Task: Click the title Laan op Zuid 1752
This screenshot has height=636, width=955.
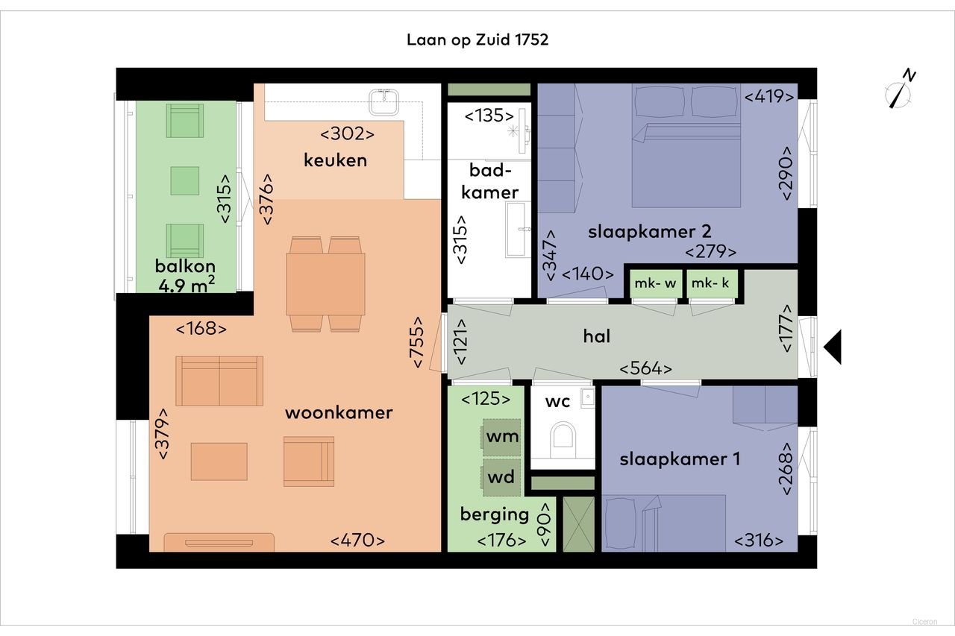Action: pyautogui.click(x=477, y=40)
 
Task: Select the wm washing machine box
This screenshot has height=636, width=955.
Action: pyautogui.click(x=501, y=437)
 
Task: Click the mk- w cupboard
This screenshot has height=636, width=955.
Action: pyautogui.click(x=654, y=284)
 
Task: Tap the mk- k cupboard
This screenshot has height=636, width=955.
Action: pyautogui.click(x=709, y=284)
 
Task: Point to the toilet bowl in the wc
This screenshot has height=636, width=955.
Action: pyautogui.click(x=562, y=439)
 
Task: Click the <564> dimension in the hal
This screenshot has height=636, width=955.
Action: pyautogui.click(x=646, y=368)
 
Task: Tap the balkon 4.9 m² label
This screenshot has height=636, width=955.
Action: pyautogui.click(x=186, y=275)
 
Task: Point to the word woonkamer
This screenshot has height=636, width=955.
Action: pyautogui.click(x=339, y=413)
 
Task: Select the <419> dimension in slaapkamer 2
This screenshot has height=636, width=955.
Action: pyautogui.click(x=769, y=95)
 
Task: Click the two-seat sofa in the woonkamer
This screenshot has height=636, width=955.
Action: pyautogui.click(x=219, y=381)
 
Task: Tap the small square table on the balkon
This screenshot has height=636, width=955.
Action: pyautogui.click(x=185, y=180)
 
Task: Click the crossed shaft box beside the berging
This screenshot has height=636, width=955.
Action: pyautogui.click(x=579, y=523)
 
